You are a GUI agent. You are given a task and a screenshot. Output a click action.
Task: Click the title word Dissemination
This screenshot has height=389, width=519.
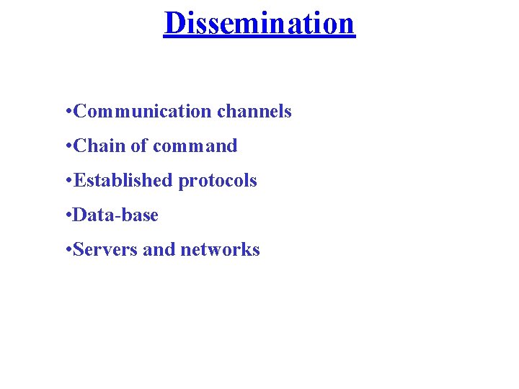259,23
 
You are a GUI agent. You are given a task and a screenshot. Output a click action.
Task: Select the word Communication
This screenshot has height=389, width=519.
143,112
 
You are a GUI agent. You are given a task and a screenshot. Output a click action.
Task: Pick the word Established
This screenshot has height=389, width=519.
123,181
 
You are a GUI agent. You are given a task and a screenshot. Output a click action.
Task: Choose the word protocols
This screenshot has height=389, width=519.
218,182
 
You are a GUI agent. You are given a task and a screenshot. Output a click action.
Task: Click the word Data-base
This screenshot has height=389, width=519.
115,215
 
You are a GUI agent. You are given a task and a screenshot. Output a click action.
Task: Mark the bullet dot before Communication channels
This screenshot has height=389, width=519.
67,112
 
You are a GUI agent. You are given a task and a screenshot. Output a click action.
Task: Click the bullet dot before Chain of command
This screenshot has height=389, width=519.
67,146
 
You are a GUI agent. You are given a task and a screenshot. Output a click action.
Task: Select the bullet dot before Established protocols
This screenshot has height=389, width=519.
67,181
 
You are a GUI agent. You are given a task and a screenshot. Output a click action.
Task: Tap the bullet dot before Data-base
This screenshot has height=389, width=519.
67,215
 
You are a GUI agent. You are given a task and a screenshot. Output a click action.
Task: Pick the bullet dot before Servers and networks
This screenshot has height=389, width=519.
67,250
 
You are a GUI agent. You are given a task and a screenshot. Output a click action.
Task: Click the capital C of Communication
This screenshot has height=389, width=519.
80,112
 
